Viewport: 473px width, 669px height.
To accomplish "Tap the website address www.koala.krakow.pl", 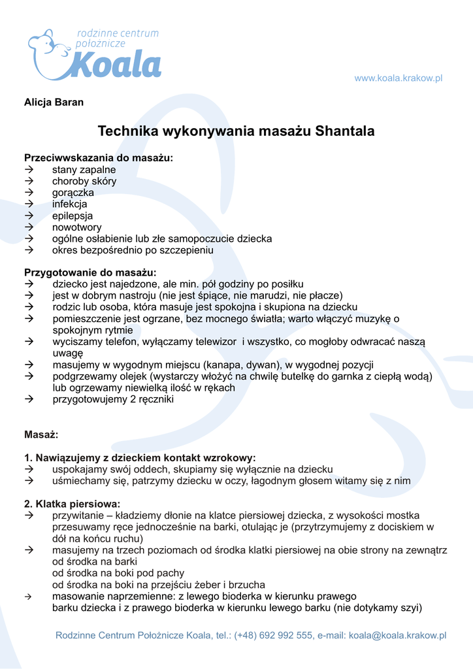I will pyautogui.click(x=399, y=78).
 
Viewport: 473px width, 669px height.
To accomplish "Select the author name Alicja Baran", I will pyautogui.click(x=54, y=103).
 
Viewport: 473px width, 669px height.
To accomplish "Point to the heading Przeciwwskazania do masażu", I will pyautogui.click(x=99, y=158).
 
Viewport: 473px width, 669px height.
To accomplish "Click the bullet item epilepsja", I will pyautogui.click(x=73, y=216).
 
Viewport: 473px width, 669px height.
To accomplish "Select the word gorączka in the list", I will pyautogui.click(x=73, y=193).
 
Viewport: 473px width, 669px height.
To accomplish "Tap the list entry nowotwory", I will pyautogui.click(x=77, y=227).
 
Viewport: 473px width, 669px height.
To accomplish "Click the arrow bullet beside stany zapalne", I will pyautogui.click(x=29, y=170).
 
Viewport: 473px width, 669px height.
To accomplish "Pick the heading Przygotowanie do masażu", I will pyautogui.click(x=90, y=272).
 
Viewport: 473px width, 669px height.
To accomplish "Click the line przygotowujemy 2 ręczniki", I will pyautogui.click(x=113, y=399).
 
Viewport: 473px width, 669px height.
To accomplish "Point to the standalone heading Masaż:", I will pyautogui.click(x=41, y=434).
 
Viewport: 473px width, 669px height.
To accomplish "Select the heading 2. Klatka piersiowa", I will pyautogui.click(x=73, y=504).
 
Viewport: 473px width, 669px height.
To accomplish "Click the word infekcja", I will pyautogui.click(x=70, y=204).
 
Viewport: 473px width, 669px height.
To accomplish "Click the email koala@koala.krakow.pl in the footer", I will pyautogui.click(x=397, y=635).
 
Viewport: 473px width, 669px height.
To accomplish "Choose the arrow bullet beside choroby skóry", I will pyautogui.click(x=29, y=182).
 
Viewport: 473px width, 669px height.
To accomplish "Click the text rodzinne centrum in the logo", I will pyautogui.click(x=118, y=33).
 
